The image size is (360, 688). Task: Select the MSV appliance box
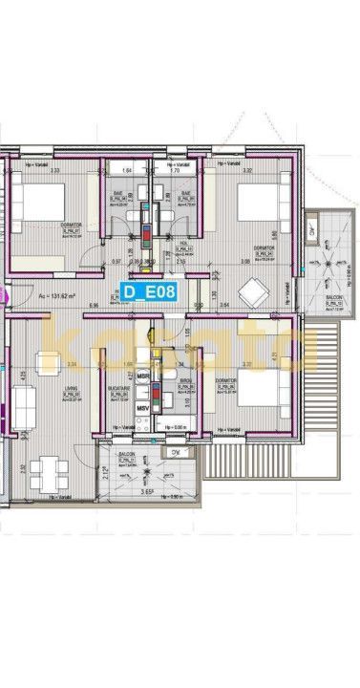(143, 411)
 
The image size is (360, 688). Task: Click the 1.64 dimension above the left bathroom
(126, 173)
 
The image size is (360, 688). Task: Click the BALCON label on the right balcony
(333, 298)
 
